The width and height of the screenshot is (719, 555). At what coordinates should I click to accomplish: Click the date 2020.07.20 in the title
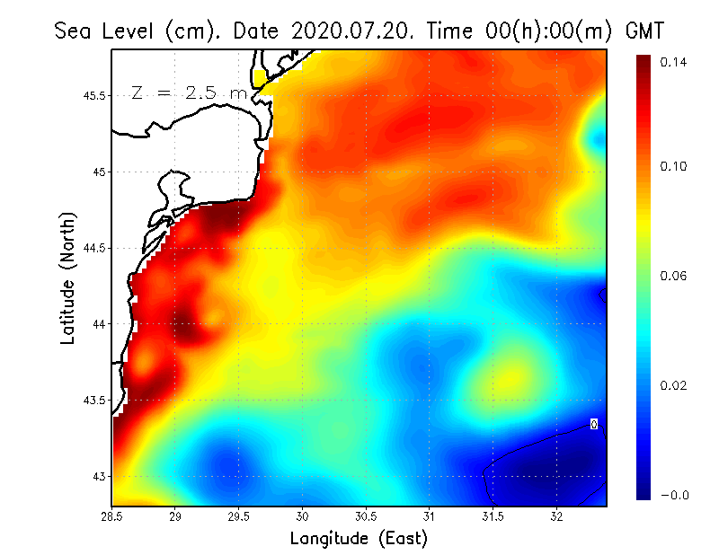[349, 31]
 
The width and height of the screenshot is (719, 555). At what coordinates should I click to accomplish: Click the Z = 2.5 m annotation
[188, 92]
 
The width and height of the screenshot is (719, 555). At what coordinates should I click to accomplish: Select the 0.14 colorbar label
[673, 62]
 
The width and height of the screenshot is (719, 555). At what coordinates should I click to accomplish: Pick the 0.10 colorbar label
[673, 166]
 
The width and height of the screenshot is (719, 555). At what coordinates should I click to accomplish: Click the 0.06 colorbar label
[673, 276]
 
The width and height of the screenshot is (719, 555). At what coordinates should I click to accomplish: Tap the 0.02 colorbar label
[673, 385]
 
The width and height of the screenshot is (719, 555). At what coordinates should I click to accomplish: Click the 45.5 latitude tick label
[93, 95]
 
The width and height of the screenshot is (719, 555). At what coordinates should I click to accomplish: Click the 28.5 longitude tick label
[112, 517]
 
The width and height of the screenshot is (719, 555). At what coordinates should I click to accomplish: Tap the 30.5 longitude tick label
[366, 517]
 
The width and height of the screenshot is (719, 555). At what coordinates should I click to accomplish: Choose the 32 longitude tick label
[556, 517]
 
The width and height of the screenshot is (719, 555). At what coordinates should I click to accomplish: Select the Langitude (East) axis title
[358, 539]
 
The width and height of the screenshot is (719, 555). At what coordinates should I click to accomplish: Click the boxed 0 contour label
[594, 423]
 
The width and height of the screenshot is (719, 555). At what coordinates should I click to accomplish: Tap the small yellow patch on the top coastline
[261, 78]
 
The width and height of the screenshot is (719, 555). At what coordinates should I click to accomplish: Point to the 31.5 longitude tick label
[493, 517]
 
